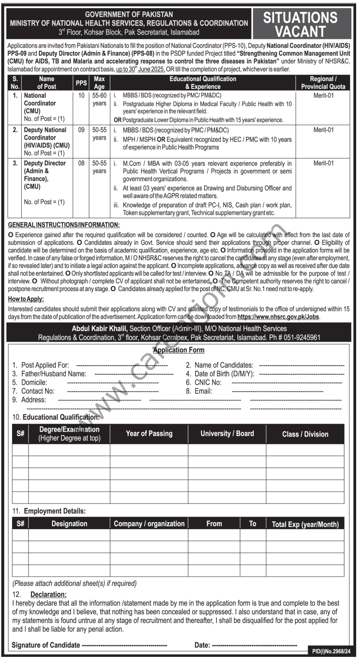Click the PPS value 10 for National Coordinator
click(82, 96)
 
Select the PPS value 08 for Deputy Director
click(82, 163)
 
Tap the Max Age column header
click(99, 82)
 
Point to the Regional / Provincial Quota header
click(323, 82)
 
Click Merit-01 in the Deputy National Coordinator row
click(323, 130)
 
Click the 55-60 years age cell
click(99, 100)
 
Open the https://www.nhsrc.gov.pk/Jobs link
click(278, 317)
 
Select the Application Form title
click(179, 350)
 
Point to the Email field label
click(203, 391)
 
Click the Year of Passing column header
click(149, 434)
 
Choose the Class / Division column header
click(305, 434)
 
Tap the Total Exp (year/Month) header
click(305, 524)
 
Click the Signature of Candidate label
click(46, 645)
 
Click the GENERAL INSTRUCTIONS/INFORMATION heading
click(64, 225)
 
